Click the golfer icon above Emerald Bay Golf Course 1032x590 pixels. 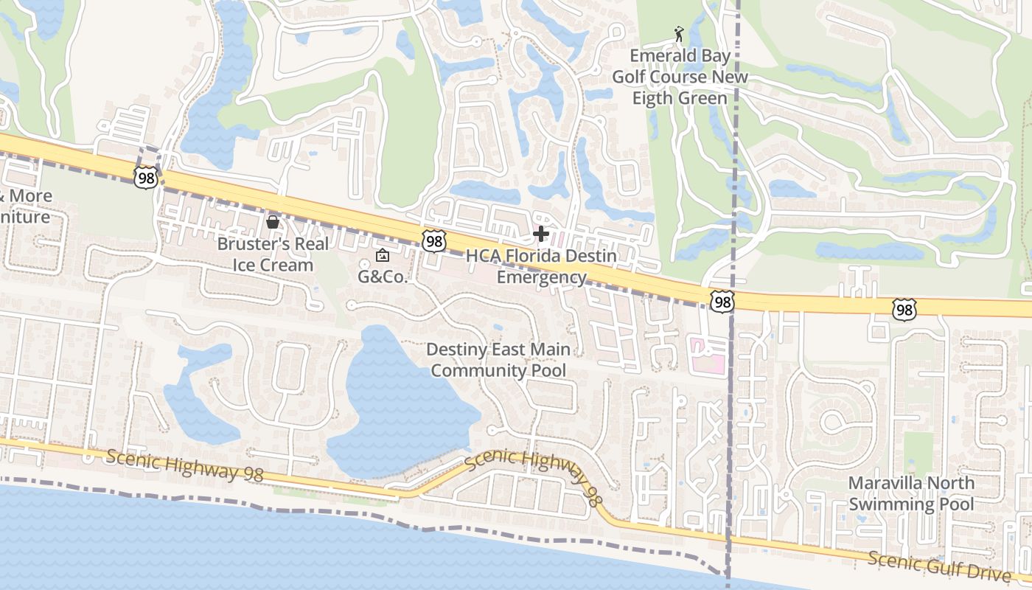pos(679,34)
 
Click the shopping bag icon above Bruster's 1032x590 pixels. pos(273,221)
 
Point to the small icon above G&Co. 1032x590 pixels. pos(382,256)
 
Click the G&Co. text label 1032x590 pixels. pos(383,277)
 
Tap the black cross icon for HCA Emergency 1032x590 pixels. pos(541,235)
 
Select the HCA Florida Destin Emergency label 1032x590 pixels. pos(542,267)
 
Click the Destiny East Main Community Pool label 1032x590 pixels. pos(498,359)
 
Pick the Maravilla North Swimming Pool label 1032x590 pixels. pos(911,493)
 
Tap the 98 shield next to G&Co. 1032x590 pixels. pos(435,240)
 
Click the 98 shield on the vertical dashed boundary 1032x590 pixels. pos(722,301)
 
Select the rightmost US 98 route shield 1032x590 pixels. pos(904,310)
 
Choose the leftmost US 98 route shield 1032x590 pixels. pos(146,176)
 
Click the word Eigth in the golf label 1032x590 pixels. pos(695,98)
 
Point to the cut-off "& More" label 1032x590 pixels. pos(25,196)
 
